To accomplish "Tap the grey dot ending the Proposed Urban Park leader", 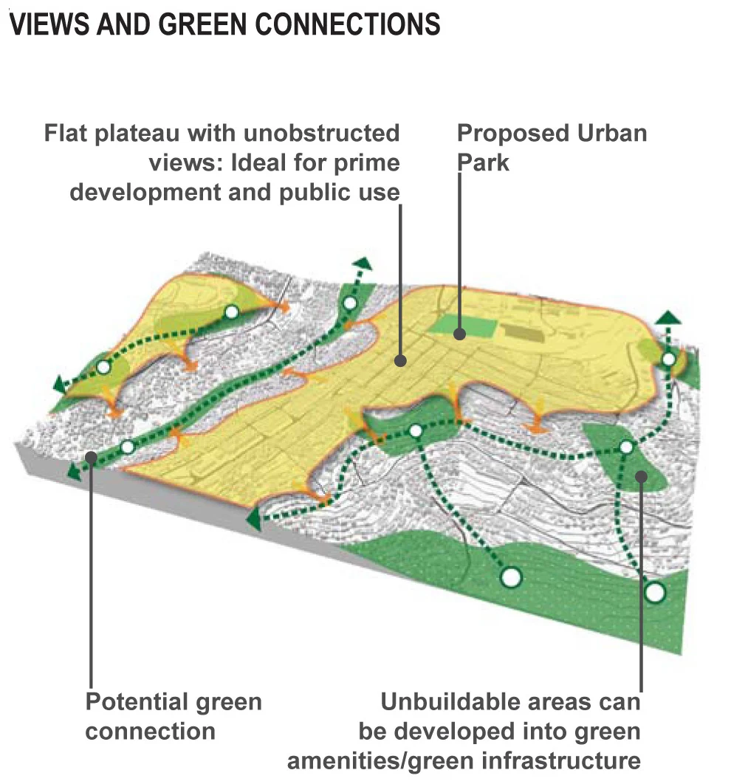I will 459,334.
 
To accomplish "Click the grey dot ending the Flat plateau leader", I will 400,361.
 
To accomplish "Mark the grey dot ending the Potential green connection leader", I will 92,457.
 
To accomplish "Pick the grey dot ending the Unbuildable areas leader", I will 640,477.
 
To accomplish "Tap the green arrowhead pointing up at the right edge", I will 669,317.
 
